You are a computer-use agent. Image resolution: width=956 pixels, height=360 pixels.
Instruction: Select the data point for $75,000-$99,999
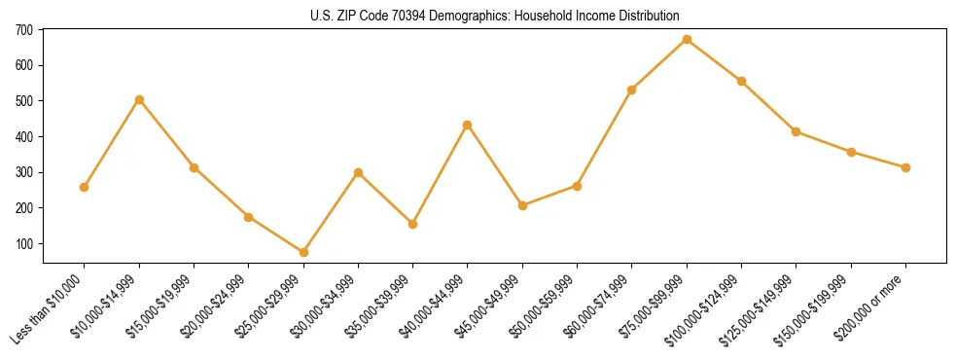click(x=687, y=39)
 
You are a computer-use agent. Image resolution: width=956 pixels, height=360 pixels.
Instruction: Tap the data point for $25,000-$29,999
click(x=303, y=252)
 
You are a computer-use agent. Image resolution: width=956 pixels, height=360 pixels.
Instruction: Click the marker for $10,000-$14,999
click(x=139, y=99)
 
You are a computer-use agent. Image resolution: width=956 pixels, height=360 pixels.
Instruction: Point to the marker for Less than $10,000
click(x=85, y=187)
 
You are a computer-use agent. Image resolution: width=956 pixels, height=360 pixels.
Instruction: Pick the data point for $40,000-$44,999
click(x=468, y=125)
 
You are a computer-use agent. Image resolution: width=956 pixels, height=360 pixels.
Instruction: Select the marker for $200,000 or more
click(x=905, y=167)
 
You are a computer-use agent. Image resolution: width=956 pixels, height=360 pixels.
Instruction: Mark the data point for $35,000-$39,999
click(x=413, y=224)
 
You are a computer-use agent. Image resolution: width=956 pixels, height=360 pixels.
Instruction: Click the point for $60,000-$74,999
click(x=632, y=90)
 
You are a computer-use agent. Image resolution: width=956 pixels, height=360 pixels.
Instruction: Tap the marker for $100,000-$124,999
click(x=741, y=81)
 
